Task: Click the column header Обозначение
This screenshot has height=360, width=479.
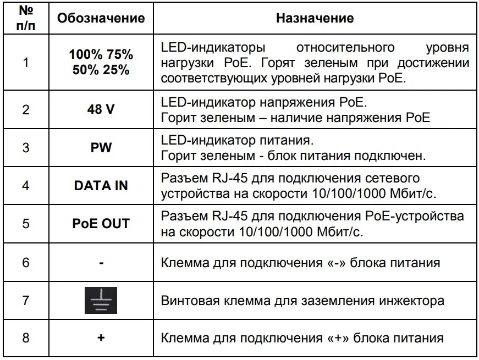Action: pyautogui.click(x=101, y=18)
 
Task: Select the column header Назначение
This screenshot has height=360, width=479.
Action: pyautogui.click(x=315, y=18)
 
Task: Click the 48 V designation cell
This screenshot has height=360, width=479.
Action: pyautogui.click(x=101, y=109)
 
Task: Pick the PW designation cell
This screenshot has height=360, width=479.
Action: pyautogui.click(x=101, y=148)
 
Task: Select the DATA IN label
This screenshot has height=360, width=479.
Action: pyautogui.click(x=101, y=186)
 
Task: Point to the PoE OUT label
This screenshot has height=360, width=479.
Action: pyautogui.click(x=101, y=224)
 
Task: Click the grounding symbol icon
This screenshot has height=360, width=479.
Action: pyautogui.click(x=101, y=301)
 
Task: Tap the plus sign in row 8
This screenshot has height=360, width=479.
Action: pyautogui.click(x=101, y=338)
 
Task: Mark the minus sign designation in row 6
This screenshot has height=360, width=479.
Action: pyautogui.click(x=101, y=263)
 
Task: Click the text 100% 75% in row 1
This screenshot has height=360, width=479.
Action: pyautogui.click(x=101, y=55)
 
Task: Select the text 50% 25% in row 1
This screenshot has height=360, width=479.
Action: pyautogui.click(x=101, y=70)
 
